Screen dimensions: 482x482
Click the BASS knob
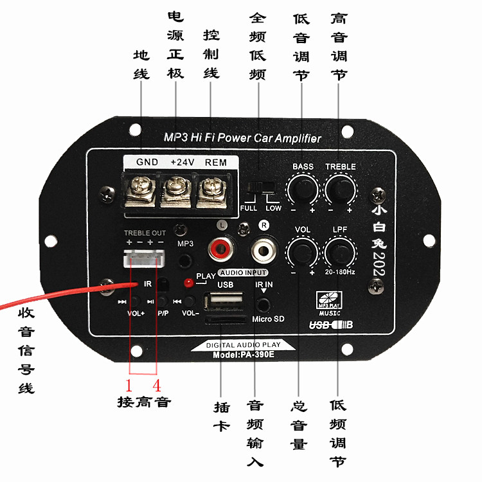[303, 188]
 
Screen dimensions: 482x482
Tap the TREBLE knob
[340, 188]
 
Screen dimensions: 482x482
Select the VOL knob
[303, 250]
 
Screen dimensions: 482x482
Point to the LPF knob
[340, 250]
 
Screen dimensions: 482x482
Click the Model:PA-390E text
[244, 355]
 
